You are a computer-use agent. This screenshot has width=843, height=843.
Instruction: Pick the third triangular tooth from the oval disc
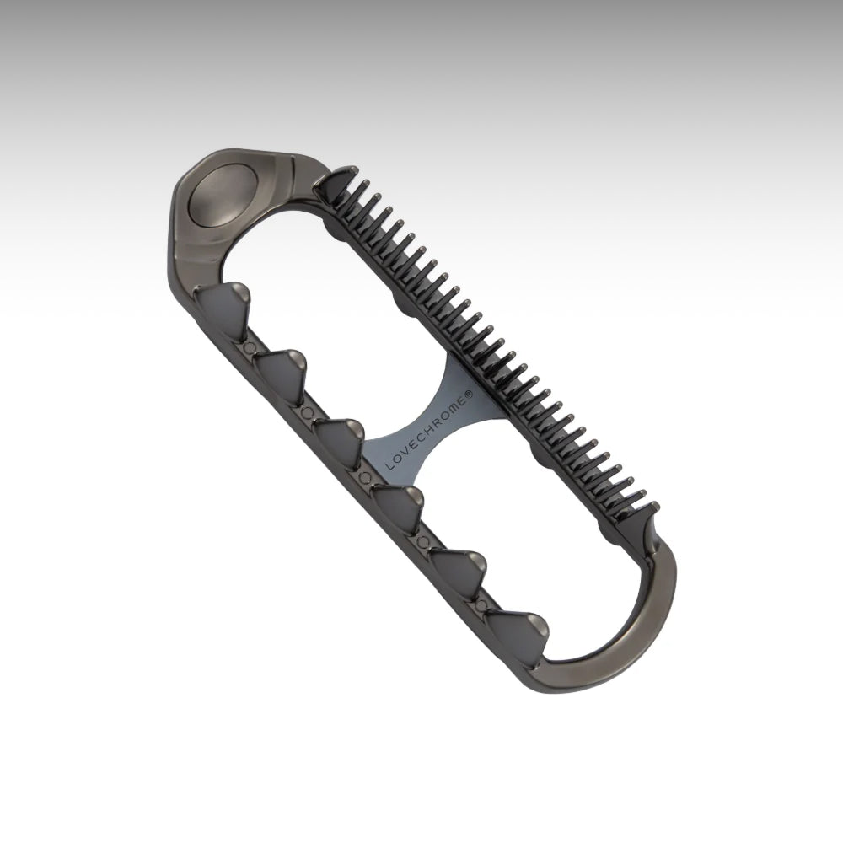coord(339,443)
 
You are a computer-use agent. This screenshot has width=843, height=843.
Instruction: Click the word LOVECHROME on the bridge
coord(429,431)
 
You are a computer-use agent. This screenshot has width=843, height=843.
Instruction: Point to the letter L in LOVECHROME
coord(389,465)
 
